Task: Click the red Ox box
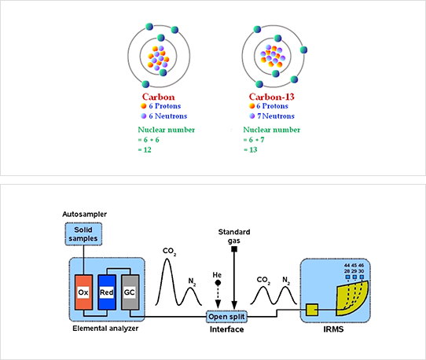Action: [x=83, y=292]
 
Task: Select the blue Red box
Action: [x=107, y=292]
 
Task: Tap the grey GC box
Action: [x=130, y=292]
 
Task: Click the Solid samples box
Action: [x=83, y=234]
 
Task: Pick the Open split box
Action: [x=226, y=317]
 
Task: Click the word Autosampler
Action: [x=85, y=214]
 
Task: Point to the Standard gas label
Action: [x=234, y=236]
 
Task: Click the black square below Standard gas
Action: [x=234, y=249]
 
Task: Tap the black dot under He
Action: [x=218, y=283]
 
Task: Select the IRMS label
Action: [x=333, y=329]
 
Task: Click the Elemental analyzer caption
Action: [x=105, y=329]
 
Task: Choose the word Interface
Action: [x=226, y=329]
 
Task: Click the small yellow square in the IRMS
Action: [x=312, y=310]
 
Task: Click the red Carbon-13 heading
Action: [x=272, y=97]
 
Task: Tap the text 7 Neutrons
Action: [x=276, y=116]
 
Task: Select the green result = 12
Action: [x=145, y=149]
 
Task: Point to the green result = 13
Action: [x=250, y=149]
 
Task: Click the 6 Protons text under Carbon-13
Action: [x=272, y=106]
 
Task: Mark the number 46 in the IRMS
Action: [x=361, y=265]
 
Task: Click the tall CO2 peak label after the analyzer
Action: [x=169, y=252]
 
